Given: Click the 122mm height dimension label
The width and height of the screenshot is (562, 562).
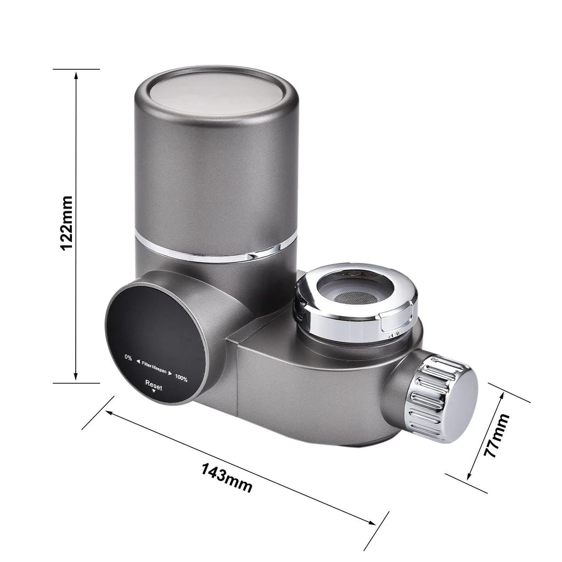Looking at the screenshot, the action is point(67,223).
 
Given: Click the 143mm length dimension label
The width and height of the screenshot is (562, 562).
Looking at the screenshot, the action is point(227,478).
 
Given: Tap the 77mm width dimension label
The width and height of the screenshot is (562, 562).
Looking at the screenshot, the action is point(497,435).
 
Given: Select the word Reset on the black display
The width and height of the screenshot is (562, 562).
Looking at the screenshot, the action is point(154,385).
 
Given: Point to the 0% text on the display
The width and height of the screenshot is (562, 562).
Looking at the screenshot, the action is point(128,357).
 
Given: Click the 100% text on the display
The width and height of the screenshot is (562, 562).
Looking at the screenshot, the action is point(181,378).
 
